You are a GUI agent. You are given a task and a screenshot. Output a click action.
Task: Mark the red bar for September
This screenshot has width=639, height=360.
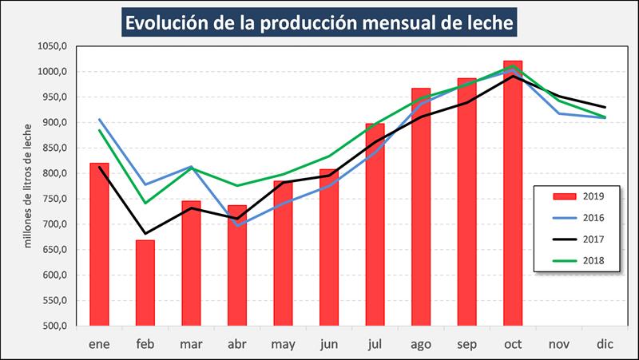pyautogui.click(x=466, y=202)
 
